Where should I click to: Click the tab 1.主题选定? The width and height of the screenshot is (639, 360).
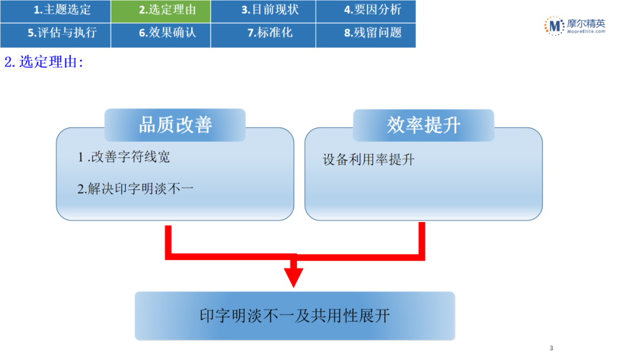coord(55,11)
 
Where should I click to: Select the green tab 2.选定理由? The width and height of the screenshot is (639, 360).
coord(161,11)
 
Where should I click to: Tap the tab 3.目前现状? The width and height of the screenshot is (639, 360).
coord(263,11)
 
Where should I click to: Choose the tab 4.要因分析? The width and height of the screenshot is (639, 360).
coord(366,11)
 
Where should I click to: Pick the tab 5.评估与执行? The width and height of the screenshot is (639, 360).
coord(55,34)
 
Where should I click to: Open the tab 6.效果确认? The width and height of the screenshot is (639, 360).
coord(161,34)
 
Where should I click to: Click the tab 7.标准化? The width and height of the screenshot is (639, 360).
coord(263,34)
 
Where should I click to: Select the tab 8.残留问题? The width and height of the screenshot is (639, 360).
coord(366,34)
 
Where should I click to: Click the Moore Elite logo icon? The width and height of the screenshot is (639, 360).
coord(554,26)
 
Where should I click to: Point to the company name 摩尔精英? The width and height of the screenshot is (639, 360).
coord(585,23)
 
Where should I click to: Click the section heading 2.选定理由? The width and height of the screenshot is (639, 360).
coord(44,62)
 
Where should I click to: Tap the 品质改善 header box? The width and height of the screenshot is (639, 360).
coord(175,124)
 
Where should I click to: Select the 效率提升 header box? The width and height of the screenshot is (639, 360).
coord(424,125)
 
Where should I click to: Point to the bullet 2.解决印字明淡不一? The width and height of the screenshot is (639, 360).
coord(135,189)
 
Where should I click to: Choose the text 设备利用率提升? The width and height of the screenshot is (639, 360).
coord(369,160)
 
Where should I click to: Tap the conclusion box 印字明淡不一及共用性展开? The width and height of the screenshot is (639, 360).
coord(295,316)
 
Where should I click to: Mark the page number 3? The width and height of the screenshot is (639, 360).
coord(551,348)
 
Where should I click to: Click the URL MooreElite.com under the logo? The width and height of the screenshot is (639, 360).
coord(585,32)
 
